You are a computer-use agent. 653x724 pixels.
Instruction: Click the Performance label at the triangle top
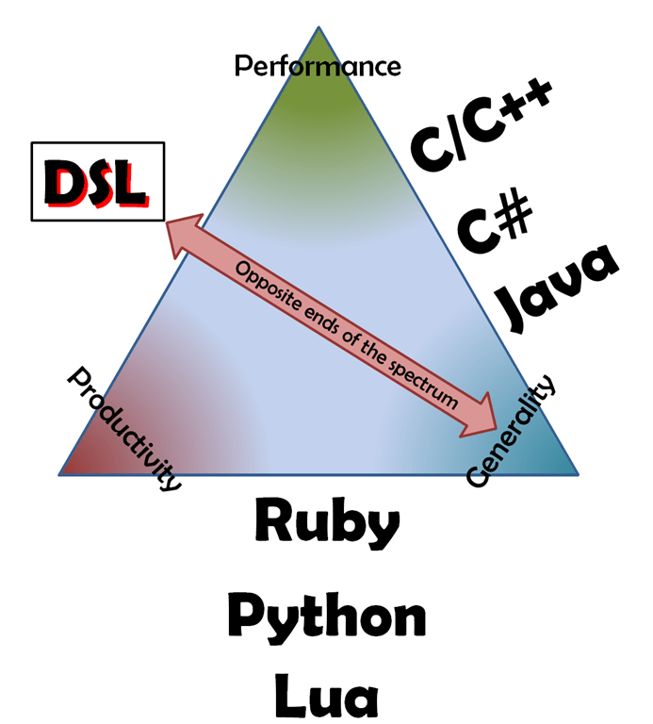click(x=318, y=66)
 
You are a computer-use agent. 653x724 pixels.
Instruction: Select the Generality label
click(x=514, y=433)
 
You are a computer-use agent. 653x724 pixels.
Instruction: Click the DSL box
click(x=98, y=181)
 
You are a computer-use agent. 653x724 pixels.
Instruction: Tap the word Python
click(x=327, y=617)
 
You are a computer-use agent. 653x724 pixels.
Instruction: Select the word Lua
click(x=327, y=696)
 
